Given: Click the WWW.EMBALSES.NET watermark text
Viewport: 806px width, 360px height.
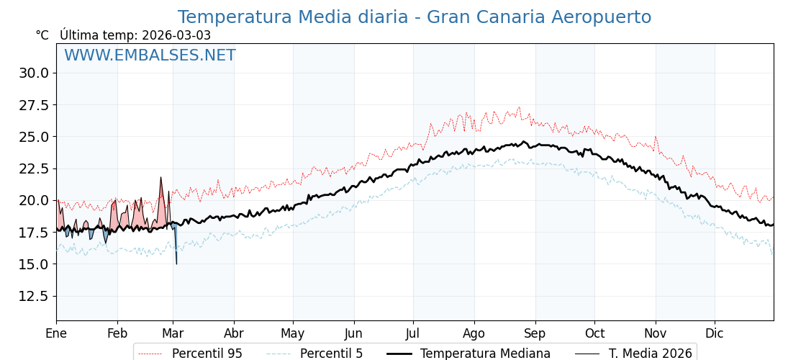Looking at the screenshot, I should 150,55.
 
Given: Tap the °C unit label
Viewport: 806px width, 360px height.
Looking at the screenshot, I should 42,35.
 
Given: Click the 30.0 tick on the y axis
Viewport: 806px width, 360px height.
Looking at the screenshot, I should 35,73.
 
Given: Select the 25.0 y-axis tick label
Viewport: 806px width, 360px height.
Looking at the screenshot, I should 35,137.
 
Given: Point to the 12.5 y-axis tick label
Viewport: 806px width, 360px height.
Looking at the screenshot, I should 35,296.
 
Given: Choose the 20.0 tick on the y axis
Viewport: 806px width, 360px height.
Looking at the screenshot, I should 35,200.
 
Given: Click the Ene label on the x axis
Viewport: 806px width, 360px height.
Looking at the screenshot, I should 56,333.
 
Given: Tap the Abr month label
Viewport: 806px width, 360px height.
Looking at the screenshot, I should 234,333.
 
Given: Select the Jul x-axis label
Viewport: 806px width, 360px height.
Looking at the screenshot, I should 413,333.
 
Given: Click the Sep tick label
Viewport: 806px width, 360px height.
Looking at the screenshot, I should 535,333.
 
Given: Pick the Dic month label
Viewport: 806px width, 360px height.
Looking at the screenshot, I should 715,333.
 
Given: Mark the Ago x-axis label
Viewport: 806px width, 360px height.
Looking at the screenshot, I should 474,333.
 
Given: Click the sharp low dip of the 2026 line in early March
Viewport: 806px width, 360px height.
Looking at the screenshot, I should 176,264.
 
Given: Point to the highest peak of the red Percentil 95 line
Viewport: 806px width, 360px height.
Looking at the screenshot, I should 519,107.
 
